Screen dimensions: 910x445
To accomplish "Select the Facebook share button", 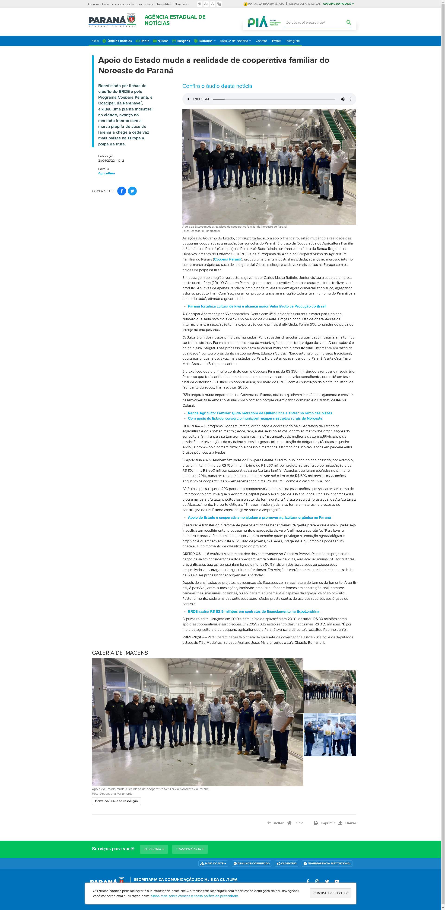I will pos(122,191).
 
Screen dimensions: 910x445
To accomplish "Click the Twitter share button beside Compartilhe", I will pos(132,191).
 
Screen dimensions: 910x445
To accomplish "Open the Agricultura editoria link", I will pos(106,173).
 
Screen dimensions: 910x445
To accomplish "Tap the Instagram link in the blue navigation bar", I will pos(292,41).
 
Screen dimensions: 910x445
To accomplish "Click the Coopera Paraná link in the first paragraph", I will pos(227,259).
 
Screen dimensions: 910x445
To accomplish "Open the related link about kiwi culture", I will pos(257,306).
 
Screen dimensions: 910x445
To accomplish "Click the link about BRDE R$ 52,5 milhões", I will pos(253,612).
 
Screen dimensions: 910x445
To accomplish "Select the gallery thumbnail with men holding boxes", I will pos(329,735).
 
